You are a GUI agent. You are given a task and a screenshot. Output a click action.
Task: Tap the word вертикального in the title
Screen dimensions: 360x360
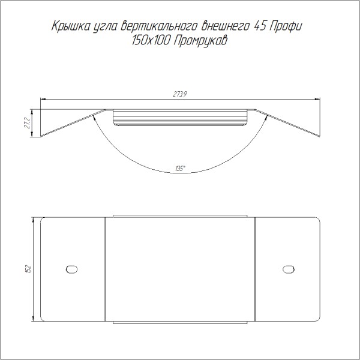pos(159,26)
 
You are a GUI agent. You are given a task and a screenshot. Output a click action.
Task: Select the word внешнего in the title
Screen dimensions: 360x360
pos(225,26)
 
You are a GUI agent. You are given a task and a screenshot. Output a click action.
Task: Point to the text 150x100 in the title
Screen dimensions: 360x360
pos(151,41)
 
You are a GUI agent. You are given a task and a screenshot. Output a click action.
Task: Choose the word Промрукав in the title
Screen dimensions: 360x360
pos(200,41)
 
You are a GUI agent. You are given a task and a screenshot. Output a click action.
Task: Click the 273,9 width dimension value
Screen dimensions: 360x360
pos(180,94)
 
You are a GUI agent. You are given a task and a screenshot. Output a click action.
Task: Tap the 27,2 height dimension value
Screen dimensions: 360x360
pos(27,123)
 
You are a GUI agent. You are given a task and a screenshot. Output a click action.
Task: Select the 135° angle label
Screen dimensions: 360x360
pos(180,169)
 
